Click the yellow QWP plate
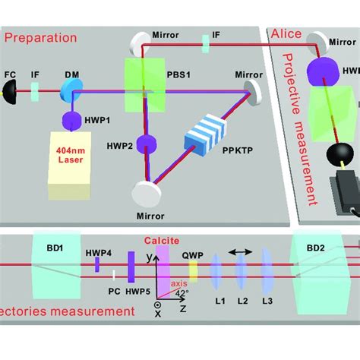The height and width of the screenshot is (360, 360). tap(193, 270)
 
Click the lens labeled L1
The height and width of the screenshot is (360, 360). tap(216, 271)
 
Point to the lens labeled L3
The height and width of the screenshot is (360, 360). tap(267, 271)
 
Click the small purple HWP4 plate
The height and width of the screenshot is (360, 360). tap(97, 264)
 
